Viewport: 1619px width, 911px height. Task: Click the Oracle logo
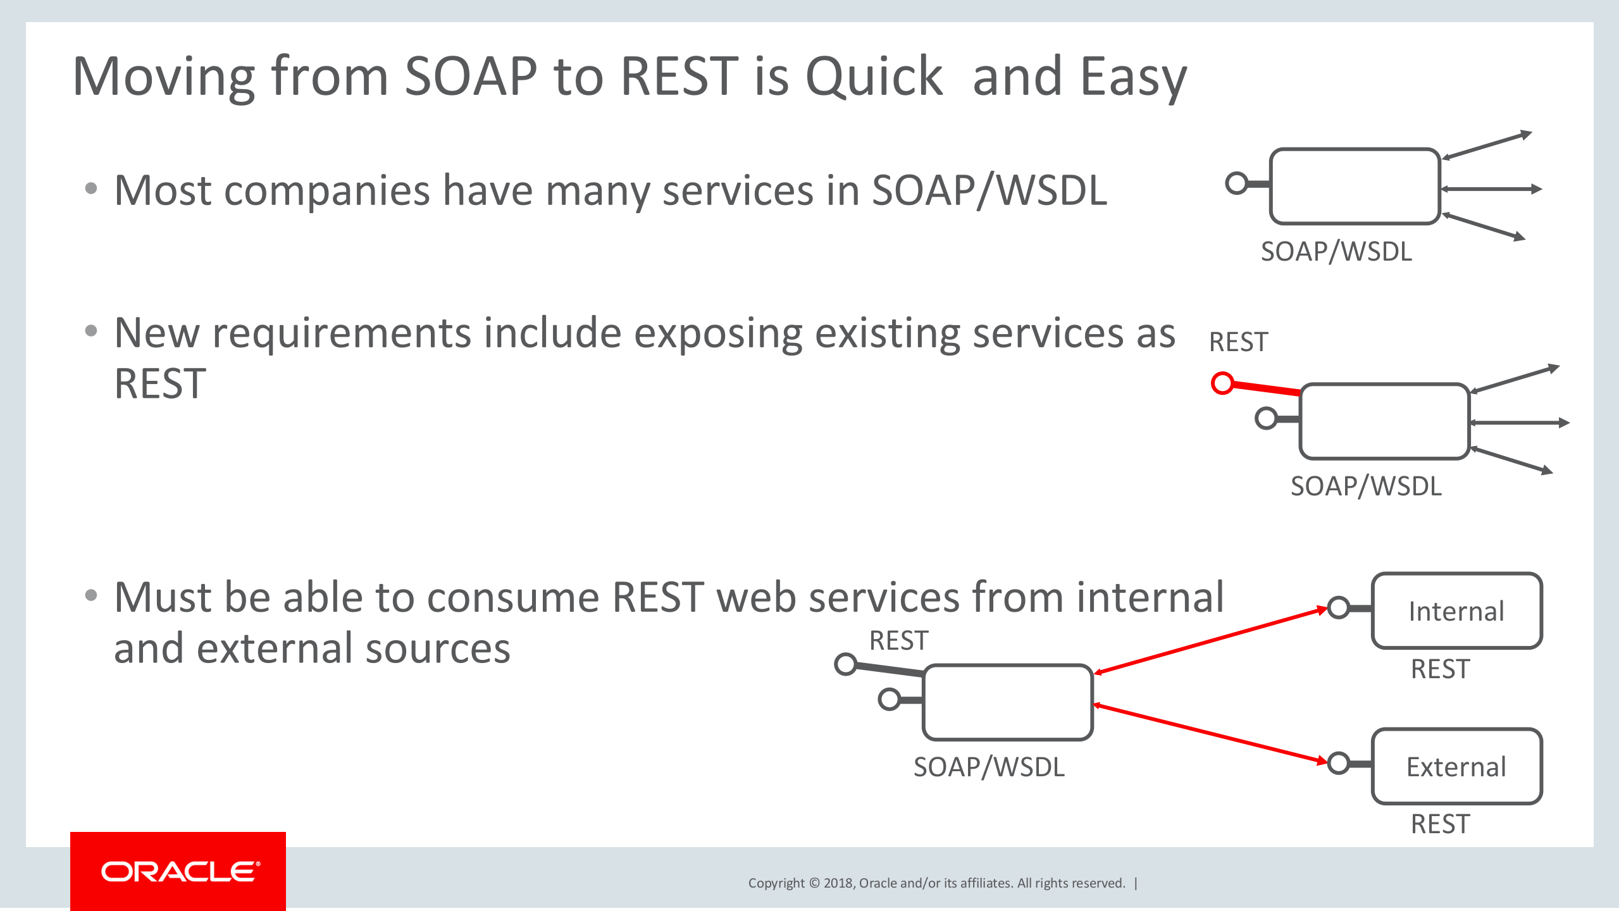pos(180,872)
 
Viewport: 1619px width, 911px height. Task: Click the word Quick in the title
pos(874,77)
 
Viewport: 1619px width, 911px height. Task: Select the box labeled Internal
pos(1456,610)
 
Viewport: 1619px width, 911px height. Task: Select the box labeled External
pos(1456,766)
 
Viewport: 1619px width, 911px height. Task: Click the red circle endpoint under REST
pos(1222,383)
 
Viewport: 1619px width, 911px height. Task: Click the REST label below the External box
pos(1440,824)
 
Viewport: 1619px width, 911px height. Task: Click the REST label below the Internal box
pos(1440,669)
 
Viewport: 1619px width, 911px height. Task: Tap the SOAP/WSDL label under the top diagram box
pos(1336,252)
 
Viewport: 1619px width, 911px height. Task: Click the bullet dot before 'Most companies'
pos(91,189)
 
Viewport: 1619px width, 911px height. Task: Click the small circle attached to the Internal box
pos(1338,608)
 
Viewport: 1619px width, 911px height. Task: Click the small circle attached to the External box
pos(1338,763)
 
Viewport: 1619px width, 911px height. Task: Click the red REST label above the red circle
pos(1238,342)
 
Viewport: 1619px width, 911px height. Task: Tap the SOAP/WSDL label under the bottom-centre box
pos(989,767)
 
